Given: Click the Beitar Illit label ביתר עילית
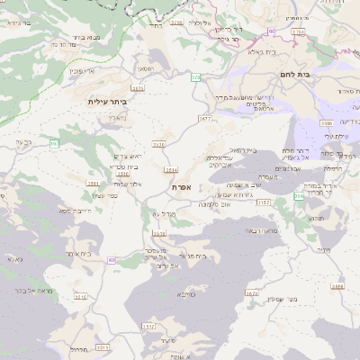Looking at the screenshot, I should [x=108, y=102].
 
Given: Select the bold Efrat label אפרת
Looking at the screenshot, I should [x=181, y=186].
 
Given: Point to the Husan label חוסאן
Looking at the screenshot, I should [x=145, y=69].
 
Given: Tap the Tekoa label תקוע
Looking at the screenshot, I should [x=318, y=218].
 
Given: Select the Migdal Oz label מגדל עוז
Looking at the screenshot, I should [x=159, y=213].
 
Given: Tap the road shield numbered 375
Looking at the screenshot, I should [x=195, y=78].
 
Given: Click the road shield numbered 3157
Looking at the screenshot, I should [x=263, y=203].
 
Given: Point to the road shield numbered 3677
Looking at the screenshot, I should [x=206, y=118].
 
